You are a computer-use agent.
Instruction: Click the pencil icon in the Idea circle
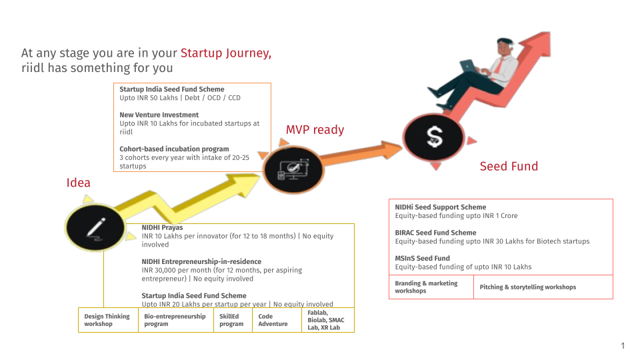(96, 228)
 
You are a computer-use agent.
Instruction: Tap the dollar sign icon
(434, 137)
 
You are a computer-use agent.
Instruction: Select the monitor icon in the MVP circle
(293, 169)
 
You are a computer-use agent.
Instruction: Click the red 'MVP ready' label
(315, 130)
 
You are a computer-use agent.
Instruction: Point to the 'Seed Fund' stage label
(509, 166)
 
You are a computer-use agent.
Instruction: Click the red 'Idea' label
(79, 183)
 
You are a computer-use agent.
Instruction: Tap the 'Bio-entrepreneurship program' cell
(176, 320)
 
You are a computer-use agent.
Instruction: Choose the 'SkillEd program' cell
(233, 320)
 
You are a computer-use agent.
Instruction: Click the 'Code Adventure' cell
(277, 320)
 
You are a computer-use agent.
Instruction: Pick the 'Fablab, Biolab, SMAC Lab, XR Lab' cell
(328, 320)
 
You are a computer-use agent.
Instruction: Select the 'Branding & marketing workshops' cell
(431, 287)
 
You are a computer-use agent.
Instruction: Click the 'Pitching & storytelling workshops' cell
(543, 287)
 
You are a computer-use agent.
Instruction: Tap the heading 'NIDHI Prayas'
(162, 227)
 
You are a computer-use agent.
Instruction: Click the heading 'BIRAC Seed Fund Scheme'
(435, 233)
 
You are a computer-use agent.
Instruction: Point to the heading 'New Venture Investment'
(159, 115)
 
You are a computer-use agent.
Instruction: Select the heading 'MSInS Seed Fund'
(422, 259)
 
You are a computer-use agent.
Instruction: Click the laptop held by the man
(468, 66)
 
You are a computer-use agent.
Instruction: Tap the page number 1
(623, 346)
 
